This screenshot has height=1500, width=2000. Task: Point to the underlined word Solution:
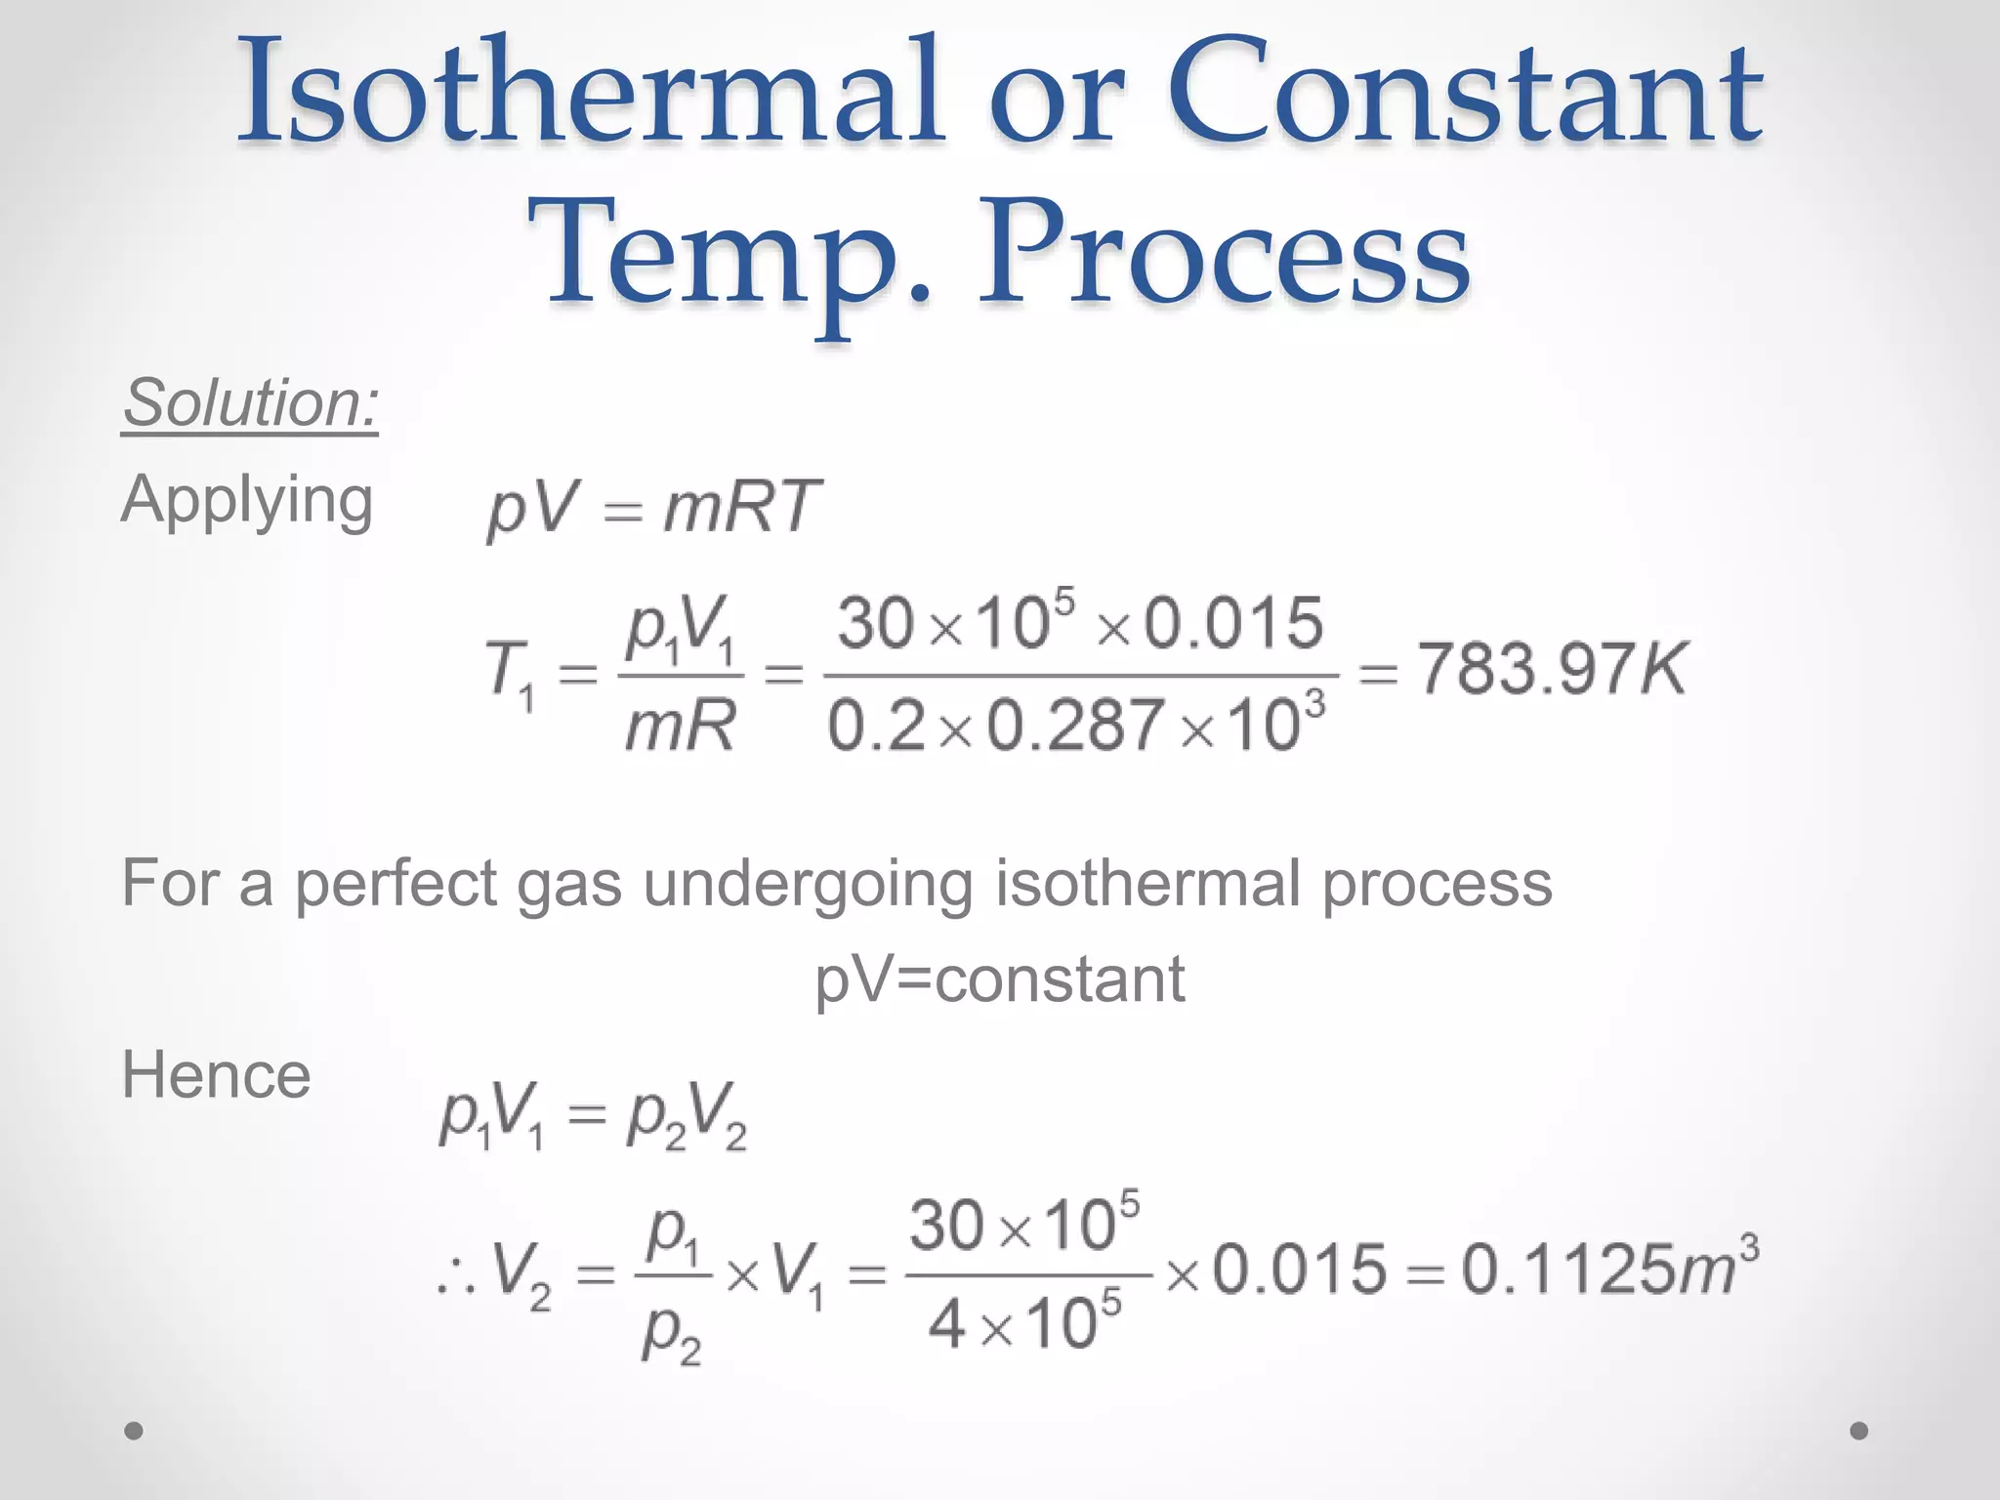(251, 402)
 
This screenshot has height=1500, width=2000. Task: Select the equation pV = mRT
(652, 508)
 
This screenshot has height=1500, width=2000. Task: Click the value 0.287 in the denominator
(1074, 726)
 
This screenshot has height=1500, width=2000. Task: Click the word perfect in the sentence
(396, 884)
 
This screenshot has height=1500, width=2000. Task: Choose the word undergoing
(807, 884)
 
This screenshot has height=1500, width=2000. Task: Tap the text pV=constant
(999, 979)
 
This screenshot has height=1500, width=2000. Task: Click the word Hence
(216, 1076)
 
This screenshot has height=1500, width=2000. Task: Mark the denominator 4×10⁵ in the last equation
(1024, 1326)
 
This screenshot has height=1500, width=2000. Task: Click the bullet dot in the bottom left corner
(134, 1431)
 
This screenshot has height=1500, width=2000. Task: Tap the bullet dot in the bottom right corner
(1859, 1431)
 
